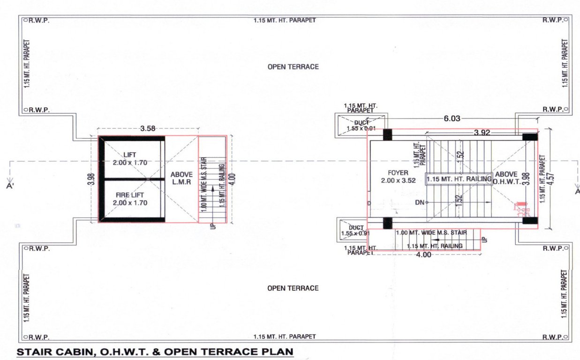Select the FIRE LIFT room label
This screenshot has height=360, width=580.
(130, 199)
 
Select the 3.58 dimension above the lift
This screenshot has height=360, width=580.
(148, 128)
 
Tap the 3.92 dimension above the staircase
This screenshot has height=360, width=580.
(482, 133)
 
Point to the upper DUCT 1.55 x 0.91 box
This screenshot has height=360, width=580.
(361, 125)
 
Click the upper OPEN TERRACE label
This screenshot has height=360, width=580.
(293, 67)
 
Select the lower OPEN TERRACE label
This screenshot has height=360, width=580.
(293, 288)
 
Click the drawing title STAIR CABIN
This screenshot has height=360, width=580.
(155, 351)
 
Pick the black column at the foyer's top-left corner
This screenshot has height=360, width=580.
(387, 135)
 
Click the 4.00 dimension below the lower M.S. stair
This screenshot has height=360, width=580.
(423, 255)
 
